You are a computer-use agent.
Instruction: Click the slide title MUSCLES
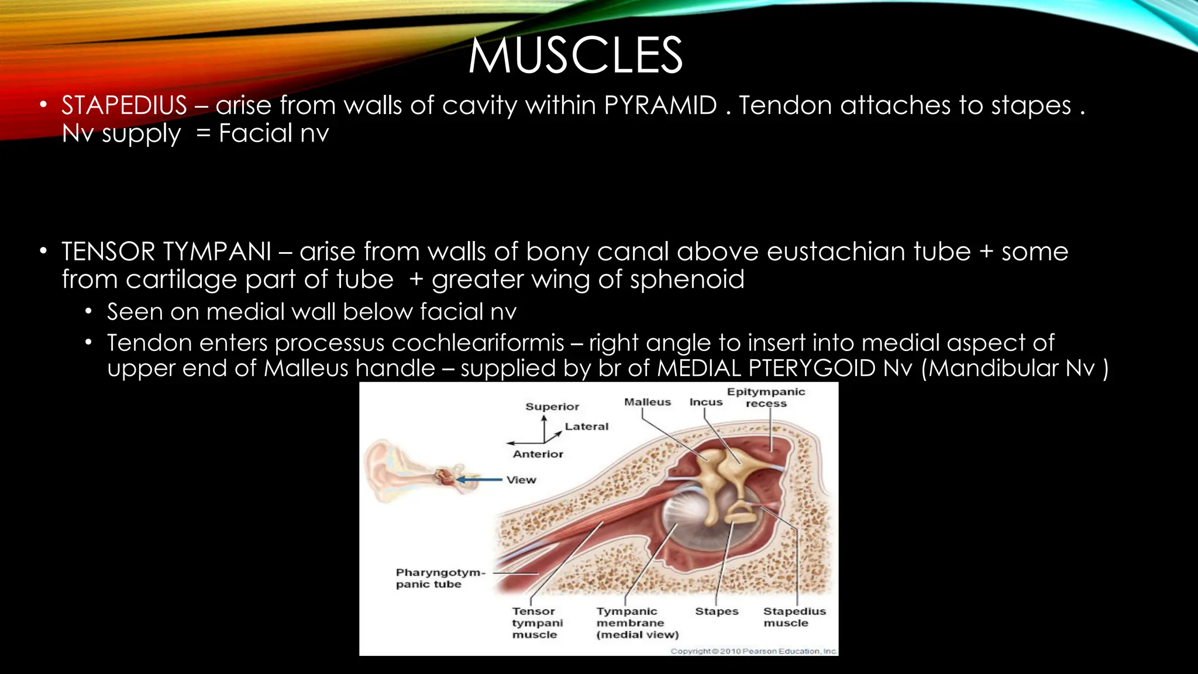[576, 56]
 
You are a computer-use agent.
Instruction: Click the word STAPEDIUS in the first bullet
[124, 105]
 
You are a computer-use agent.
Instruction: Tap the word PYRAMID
[660, 105]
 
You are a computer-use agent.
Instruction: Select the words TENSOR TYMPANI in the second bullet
[166, 252]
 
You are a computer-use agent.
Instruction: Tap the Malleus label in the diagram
[647, 402]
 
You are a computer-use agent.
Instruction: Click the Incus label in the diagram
[705, 402]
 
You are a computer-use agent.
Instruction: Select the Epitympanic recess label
[766, 397]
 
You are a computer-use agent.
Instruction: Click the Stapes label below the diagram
[717, 611]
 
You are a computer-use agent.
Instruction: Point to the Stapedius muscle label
[794, 617]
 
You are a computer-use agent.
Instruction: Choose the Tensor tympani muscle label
[537, 623]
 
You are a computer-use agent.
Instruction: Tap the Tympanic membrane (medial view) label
[636, 623]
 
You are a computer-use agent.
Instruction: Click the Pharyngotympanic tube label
[440, 578]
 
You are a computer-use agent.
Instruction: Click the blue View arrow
[480, 480]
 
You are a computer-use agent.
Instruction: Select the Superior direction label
[552, 407]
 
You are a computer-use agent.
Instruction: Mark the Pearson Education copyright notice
[753, 651]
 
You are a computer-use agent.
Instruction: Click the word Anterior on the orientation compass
[538, 454]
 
